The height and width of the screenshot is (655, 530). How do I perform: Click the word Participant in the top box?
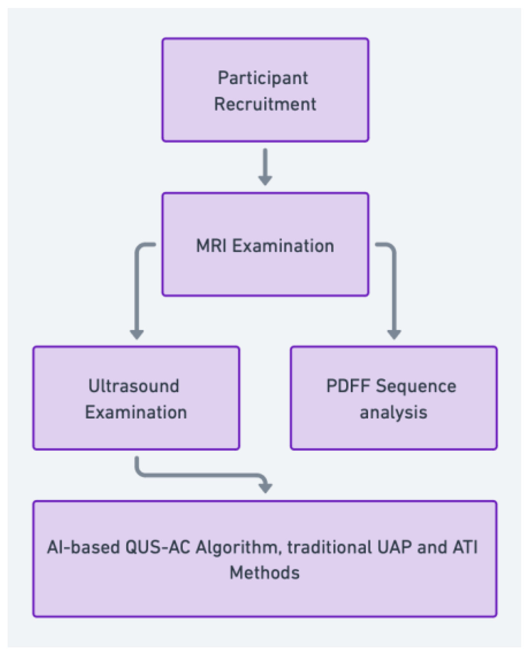pos(263,78)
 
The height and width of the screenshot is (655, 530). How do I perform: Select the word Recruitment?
pos(265,104)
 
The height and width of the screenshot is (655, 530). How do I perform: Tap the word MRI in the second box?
pos(211,246)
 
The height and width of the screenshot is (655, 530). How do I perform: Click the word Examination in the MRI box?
pos(283,246)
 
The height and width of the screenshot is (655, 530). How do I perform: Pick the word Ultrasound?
pos(134,386)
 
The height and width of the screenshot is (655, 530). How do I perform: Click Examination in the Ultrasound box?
pos(136,412)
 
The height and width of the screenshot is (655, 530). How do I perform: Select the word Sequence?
pos(416,386)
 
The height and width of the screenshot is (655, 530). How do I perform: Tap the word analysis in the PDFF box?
pos(393,412)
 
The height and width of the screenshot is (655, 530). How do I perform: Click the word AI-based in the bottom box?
pos(83,547)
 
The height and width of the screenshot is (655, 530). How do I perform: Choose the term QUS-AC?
pos(158,547)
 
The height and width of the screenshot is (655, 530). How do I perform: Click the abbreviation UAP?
pos(394,547)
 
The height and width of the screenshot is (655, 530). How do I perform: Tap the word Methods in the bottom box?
pos(264,573)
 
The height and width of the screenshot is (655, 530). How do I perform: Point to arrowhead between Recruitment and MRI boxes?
pos(265,180)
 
